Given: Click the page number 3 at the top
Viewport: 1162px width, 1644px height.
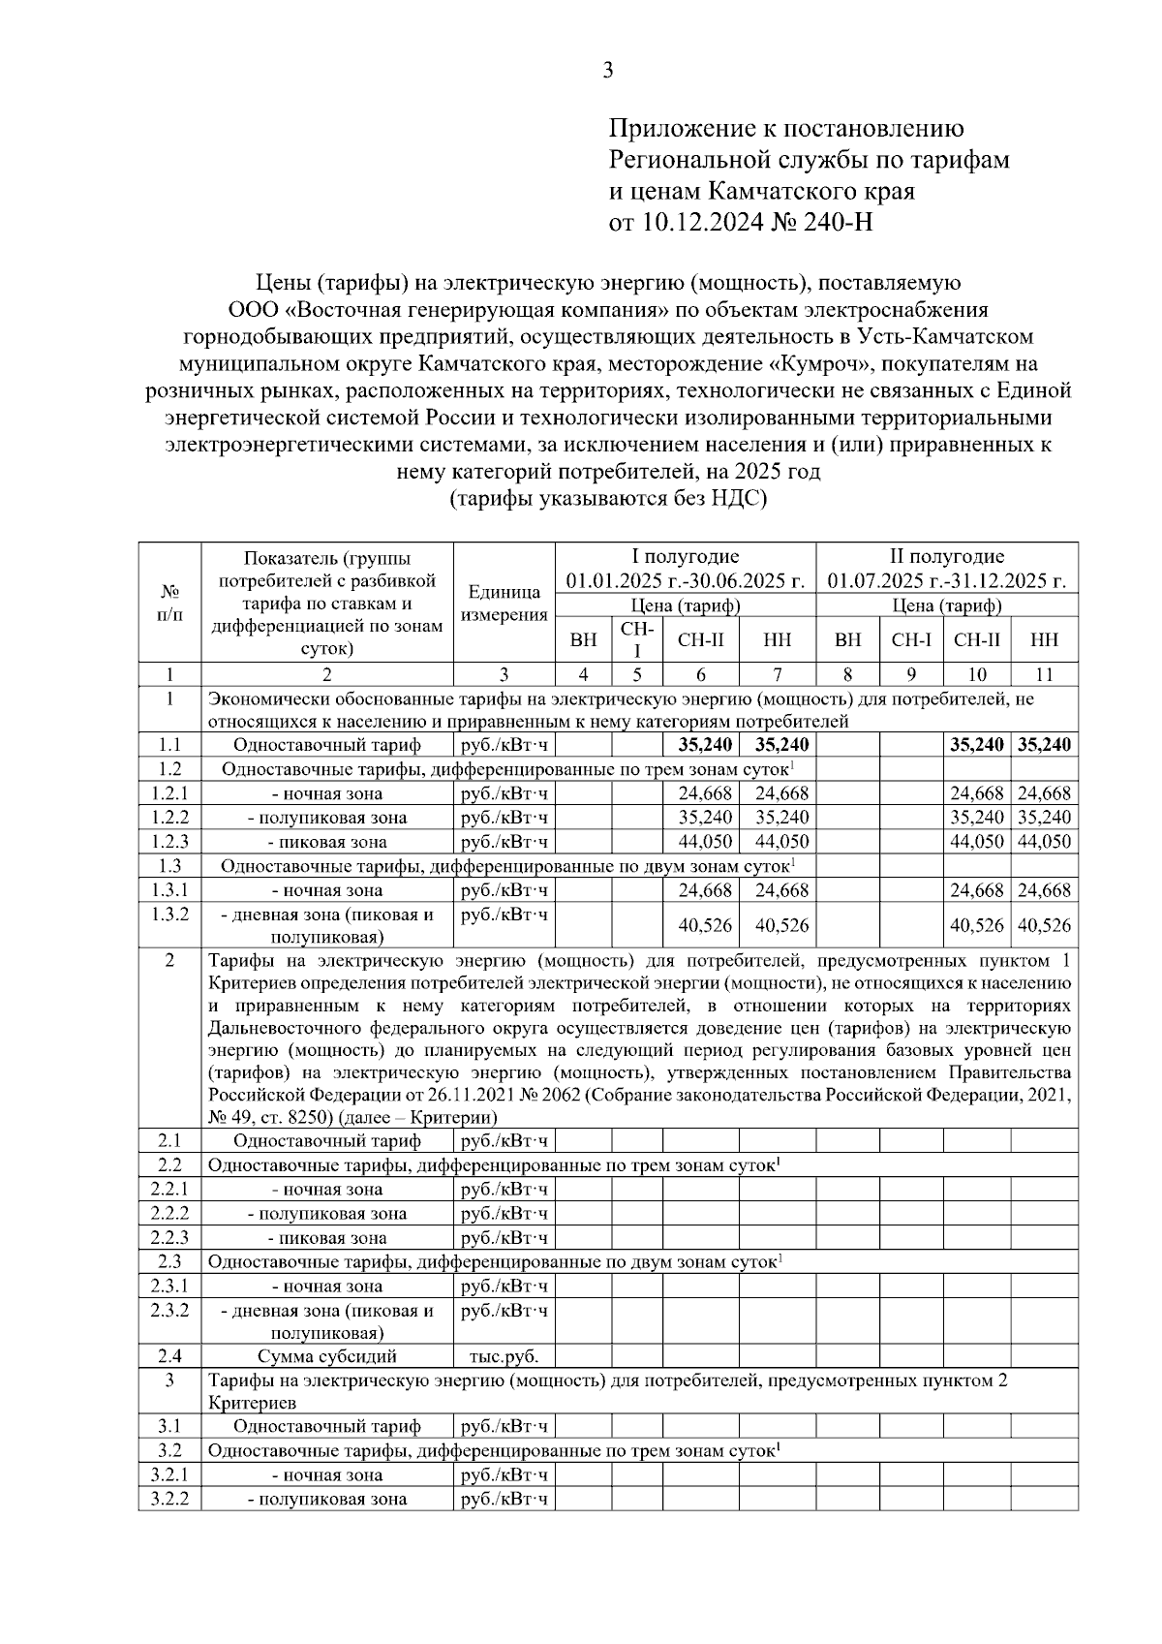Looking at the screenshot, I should [607, 70].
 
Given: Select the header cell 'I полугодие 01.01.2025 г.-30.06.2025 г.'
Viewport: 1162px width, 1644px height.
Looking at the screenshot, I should [686, 569].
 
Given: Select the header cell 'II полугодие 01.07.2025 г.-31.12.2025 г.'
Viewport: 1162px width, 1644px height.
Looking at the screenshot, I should [947, 569].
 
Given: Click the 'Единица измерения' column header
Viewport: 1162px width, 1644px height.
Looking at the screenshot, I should [504, 603].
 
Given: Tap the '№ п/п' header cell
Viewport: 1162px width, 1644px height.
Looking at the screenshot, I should [169, 603].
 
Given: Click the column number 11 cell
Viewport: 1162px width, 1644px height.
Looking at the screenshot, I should [1044, 675].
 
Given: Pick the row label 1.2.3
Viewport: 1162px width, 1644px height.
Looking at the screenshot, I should [169, 842].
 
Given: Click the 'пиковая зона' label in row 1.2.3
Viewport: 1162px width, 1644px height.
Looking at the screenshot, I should [326, 842].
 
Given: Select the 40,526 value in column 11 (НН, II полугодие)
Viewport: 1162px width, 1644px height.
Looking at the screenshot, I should [1044, 925].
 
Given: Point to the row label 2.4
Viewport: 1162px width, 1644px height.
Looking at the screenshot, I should [169, 1356].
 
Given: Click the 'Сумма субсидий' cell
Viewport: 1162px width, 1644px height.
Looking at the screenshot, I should [326, 1356].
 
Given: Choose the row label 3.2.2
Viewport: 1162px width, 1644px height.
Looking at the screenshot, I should [169, 1499].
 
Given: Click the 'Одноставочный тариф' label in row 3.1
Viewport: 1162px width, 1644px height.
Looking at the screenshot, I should [326, 1426].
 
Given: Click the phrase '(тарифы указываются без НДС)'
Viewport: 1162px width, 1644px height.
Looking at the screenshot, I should [607, 498].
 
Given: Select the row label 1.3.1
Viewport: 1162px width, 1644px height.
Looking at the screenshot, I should [169, 890].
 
